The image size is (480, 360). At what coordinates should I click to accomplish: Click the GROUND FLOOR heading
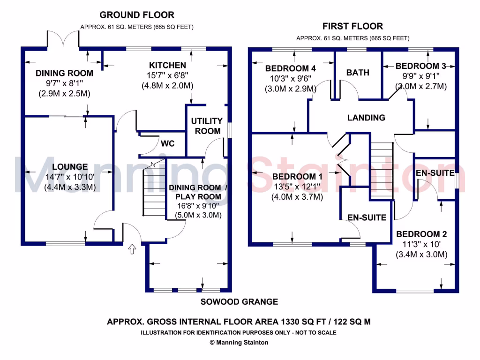click(x=137, y=15)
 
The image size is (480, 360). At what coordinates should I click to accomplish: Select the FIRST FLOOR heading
click(x=352, y=26)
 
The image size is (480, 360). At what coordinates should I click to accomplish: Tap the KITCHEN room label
click(x=167, y=65)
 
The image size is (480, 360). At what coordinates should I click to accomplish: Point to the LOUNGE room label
click(x=70, y=167)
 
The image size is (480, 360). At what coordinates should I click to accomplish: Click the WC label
click(x=167, y=143)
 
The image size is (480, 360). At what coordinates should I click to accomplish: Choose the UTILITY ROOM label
click(x=206, y=126)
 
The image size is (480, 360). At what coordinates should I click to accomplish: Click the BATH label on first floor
click(x=358, y=73)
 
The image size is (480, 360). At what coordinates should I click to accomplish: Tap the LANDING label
click(x=366, y=118)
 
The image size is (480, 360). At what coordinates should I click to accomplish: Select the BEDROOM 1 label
click(x=297, y=177)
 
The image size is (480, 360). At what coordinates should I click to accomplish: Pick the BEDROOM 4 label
click(x=287, y=68)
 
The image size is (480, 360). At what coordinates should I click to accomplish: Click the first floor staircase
click(x=381, y=169)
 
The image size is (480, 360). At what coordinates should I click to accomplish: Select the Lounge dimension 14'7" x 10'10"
click(x=70, y=177)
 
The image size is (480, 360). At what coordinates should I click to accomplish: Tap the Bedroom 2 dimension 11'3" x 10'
click(x=421, y=245)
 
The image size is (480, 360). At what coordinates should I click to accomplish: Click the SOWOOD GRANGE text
click(x=240, y=302)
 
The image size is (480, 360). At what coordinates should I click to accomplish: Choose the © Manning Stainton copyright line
click(x=239, y=343)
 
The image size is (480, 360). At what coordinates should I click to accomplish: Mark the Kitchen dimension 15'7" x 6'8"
click(x=167, y=75)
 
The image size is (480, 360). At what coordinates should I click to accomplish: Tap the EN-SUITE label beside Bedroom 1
click(x=367, y=217)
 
